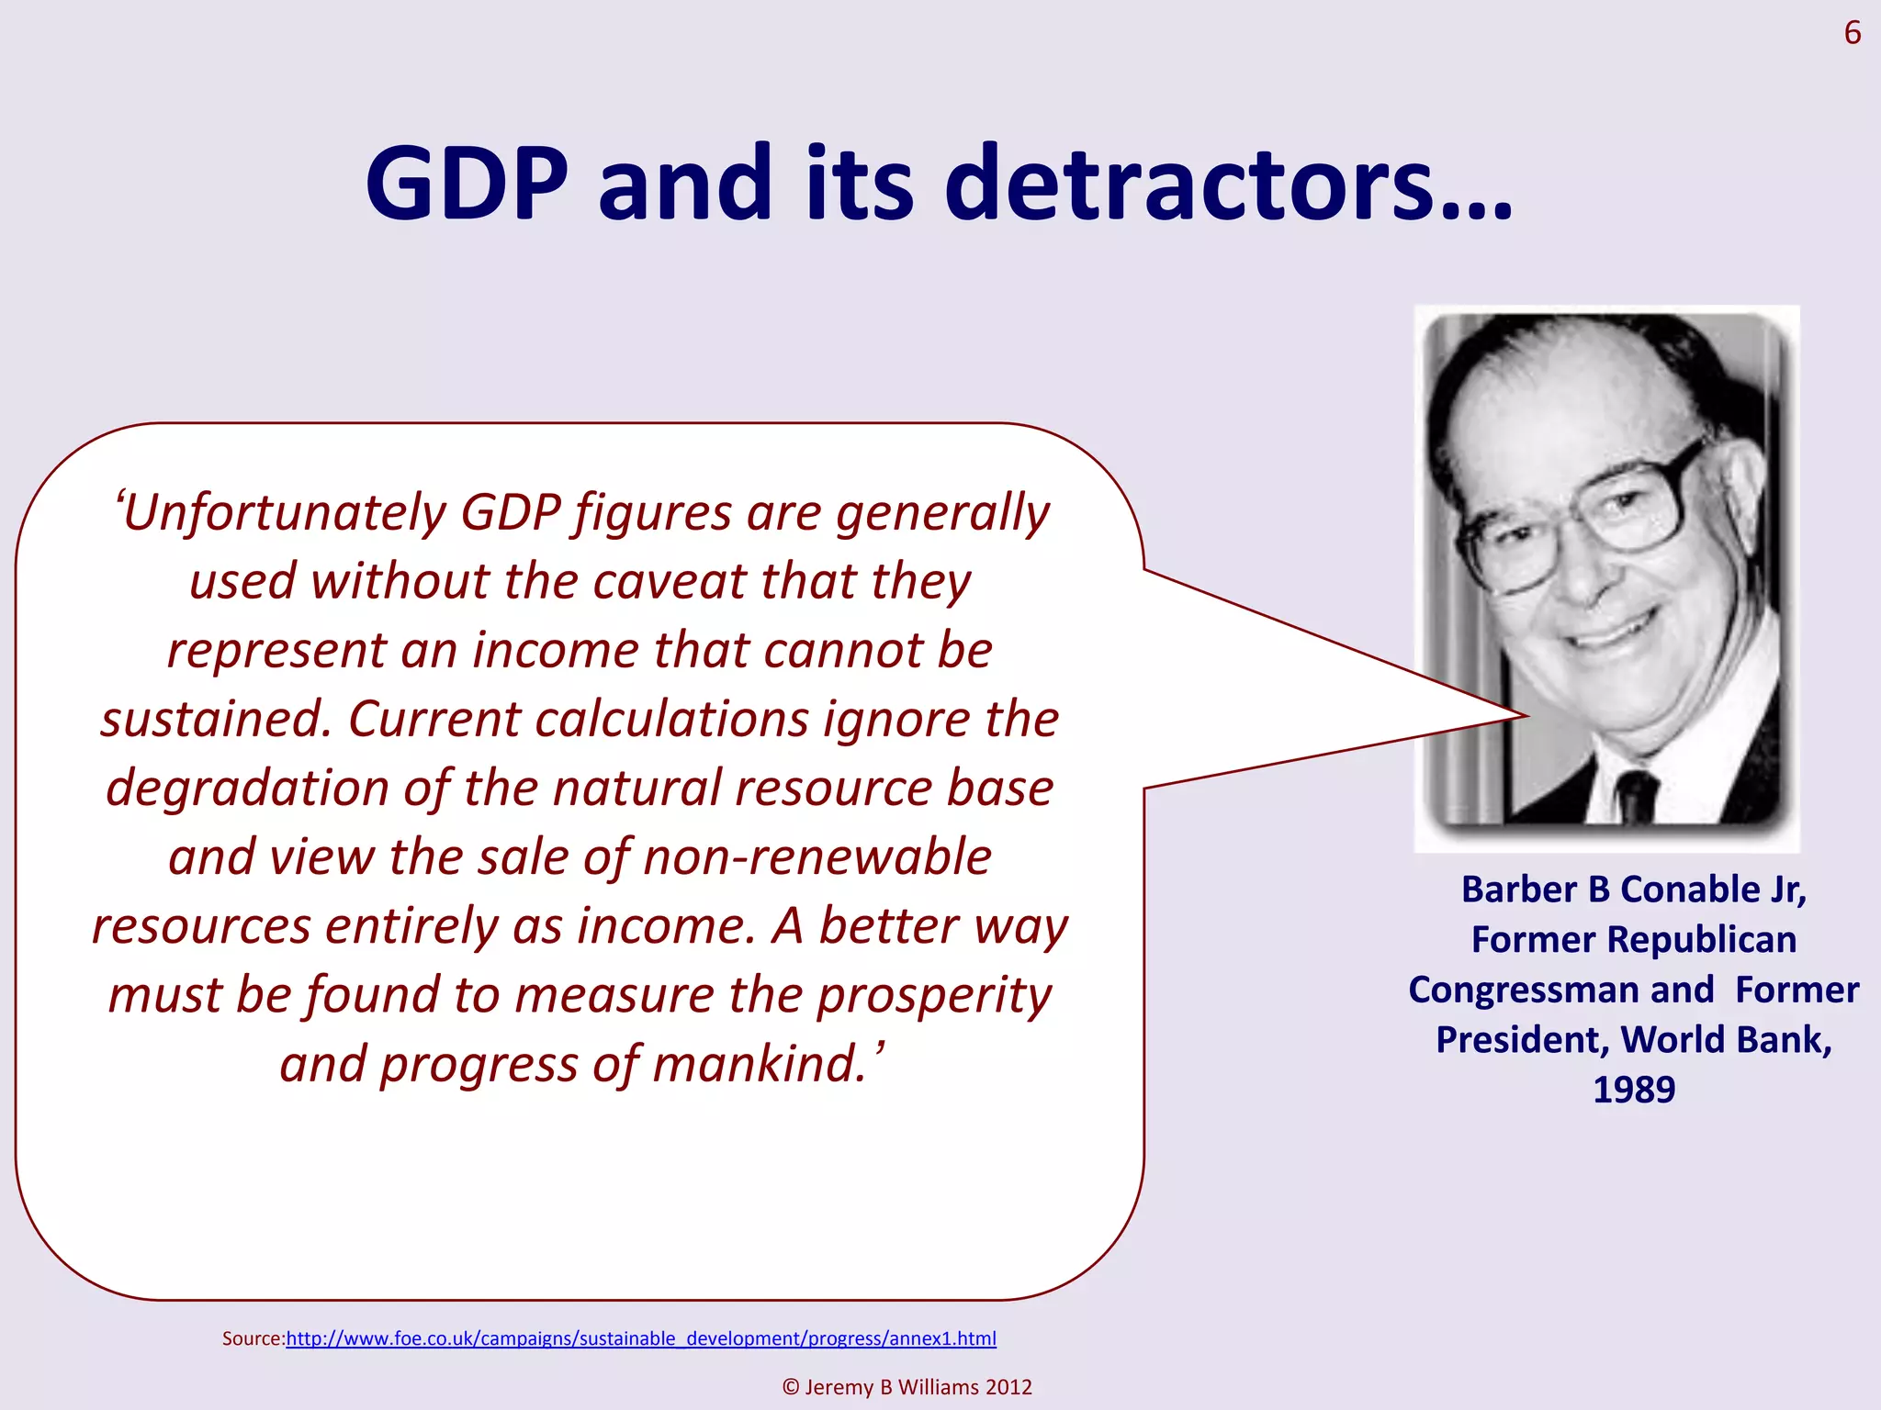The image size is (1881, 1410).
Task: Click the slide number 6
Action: [1852, 34]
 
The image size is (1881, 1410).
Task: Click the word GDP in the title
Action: [467, 184]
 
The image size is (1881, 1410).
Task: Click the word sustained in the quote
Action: [214, 719]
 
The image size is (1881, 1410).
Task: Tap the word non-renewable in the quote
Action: [817, 857]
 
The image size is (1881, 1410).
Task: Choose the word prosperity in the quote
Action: [934, 997]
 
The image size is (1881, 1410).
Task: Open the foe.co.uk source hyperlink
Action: [641, 1338]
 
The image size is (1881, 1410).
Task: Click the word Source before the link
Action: [253, 1338]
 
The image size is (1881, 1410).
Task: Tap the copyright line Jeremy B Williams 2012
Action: [907, 1387]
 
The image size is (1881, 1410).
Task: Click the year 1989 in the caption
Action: [1634, 1090]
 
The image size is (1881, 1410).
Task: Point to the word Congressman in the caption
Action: [1561, 990]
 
